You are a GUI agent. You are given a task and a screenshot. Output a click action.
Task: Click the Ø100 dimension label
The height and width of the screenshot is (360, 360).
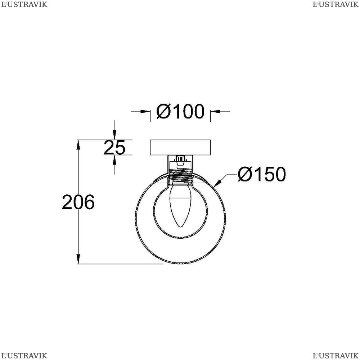pos(180,111)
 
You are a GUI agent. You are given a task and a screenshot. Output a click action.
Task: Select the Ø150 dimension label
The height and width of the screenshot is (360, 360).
pos(262,174)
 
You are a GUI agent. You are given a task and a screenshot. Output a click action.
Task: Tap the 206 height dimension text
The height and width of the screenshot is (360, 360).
pos(78,202)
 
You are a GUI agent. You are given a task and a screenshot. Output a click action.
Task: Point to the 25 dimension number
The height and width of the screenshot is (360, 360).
pos(114,147)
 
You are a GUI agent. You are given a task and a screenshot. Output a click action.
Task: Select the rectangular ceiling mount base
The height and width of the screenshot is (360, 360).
pos(180,147)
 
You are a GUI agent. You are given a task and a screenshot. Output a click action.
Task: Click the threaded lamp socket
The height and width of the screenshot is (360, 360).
pos(180,176)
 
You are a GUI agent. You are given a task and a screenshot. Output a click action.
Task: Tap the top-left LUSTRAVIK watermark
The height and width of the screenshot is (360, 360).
pos(24,4)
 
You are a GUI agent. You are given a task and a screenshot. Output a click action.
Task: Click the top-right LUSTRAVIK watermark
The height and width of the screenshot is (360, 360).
pos(336,4)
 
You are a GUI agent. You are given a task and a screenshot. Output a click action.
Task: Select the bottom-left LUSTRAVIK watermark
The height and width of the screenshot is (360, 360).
pos(24,356)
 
